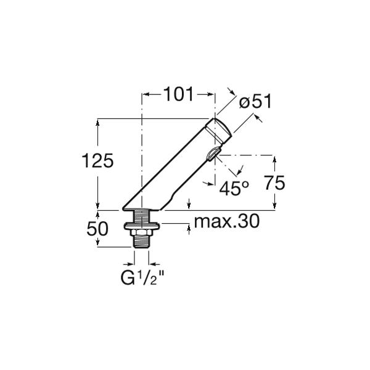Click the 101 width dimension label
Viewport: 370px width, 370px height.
[179, 94]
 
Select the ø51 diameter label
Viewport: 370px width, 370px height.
[255, 102]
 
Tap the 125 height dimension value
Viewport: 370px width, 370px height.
[97, 161]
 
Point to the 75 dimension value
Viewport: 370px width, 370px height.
[274, 183]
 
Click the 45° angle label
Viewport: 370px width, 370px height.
[234, 188]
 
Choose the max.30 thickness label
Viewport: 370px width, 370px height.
[227, 221]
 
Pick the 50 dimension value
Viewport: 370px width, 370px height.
[97, 228]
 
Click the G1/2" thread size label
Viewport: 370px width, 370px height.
[142, 277]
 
